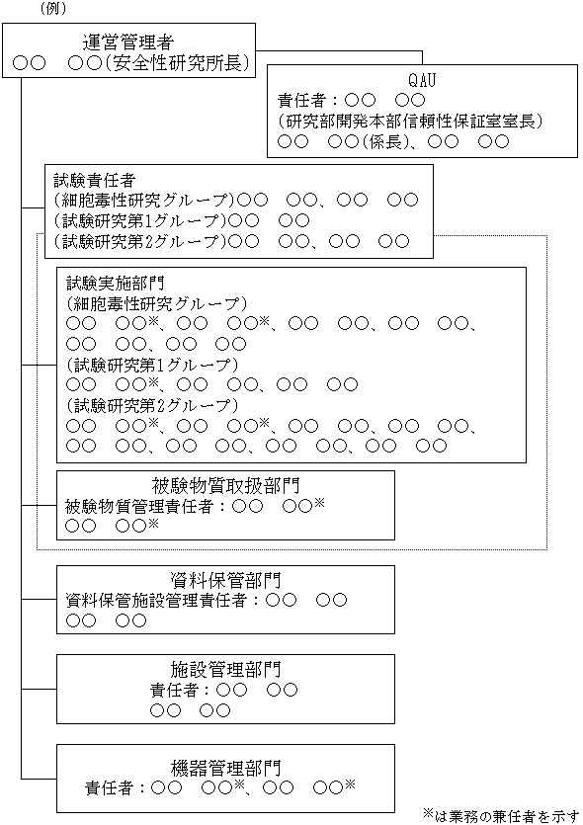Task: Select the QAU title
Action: click(x=422, y=79)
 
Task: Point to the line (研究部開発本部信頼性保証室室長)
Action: click(x=410, y=121)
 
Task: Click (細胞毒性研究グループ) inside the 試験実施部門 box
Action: click(x=156, y=303)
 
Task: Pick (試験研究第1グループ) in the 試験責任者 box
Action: click(x=145, y=219)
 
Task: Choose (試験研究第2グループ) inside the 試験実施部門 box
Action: click(x=151, y=406)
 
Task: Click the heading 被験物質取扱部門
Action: click(x=225, y=485)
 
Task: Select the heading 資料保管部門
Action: click(x=225, y=579)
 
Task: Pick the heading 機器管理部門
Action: click(x=225, y=766)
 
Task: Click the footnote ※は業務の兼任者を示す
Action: click(x=499, y=814)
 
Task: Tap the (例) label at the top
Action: click(x=54, y=8)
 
